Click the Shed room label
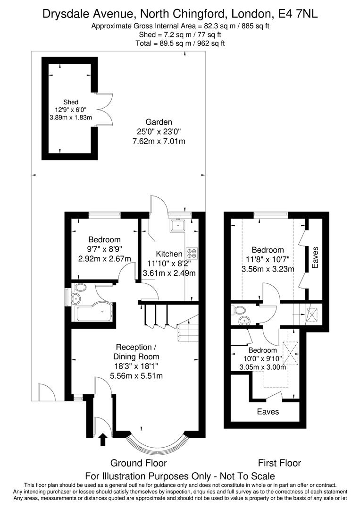point(71,102)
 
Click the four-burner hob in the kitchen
point(192,253)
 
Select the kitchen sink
point(179,225)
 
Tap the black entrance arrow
point(103,440)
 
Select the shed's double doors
point(105,109)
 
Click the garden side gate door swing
point(46,391)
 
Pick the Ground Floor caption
point(138,463)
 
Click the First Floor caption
point(279,463)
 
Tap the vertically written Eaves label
point(315,257)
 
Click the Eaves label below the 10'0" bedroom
point(268,411)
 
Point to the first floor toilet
point(239,310)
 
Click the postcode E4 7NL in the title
point(300,14)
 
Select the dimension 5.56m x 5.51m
point(136,376)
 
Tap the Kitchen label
point(169,254)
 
